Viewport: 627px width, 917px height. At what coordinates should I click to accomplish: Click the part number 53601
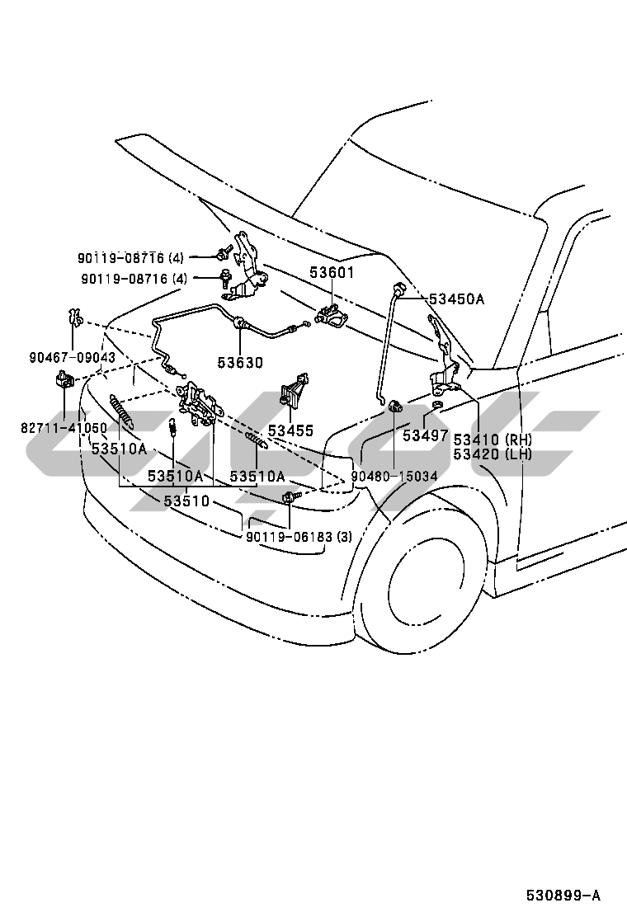[332, 272]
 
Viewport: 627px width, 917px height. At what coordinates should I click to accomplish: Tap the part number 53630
[240, 362]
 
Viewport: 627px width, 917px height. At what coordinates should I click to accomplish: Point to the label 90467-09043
[73, 358]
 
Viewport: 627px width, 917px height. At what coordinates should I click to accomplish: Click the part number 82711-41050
[64, 429]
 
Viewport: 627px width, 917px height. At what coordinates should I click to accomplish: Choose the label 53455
[290, 430]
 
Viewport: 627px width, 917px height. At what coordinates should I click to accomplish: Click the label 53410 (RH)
[492, 439]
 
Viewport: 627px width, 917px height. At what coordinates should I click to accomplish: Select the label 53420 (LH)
[492, 454]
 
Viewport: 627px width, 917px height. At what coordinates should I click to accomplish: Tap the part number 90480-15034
[394, 477]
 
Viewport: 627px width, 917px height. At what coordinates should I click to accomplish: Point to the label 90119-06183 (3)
[299, 537]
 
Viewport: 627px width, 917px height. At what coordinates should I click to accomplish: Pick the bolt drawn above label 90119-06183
[290, 497]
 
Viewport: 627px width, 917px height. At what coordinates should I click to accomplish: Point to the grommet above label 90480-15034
[395, 405]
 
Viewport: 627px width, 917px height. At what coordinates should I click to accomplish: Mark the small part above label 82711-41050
[63, 379]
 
